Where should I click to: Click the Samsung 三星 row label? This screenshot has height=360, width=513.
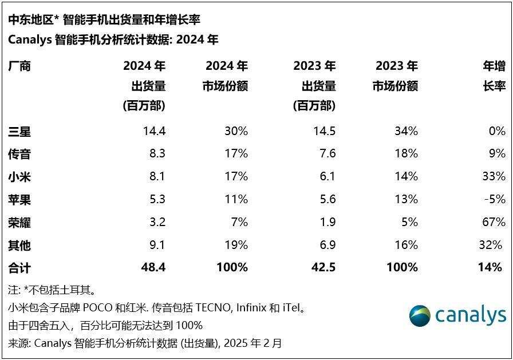[x=19, y=132]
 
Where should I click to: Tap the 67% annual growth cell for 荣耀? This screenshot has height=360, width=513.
[x=494, y=222]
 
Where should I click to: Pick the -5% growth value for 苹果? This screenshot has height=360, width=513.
[x=495, y=199]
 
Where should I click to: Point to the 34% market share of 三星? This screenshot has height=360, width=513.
[x=406, y=131]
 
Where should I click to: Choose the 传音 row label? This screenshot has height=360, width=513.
[x=19, y=154]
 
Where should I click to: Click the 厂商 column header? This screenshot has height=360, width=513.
[x=19, y=66]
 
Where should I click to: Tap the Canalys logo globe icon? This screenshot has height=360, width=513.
[x=420, y=316]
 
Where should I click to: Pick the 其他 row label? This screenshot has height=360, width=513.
[x=19, y=246]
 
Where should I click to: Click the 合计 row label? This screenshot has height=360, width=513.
[x=19, y=267]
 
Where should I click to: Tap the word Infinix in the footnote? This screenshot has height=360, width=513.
[x=247, y=308]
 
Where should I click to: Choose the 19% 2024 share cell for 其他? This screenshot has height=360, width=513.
[x=236, y=246]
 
